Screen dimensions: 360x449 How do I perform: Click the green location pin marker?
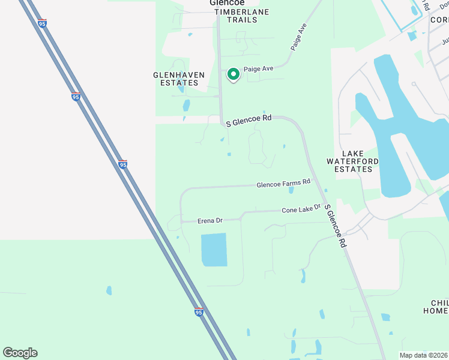point(233,74)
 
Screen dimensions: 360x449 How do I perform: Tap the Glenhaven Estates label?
point(179,79)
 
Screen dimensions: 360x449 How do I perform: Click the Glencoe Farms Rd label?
point(283,182)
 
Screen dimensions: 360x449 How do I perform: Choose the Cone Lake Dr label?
point(301,209)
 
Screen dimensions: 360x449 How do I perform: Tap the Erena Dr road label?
point(210,221)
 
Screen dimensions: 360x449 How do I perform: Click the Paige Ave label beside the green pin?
point(258,69)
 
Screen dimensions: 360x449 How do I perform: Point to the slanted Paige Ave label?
point(298,37)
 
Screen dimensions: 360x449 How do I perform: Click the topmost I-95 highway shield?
point(41,23)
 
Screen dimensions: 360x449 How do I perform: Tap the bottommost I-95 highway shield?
point(199,312)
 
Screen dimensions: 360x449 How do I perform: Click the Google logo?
point(20,353)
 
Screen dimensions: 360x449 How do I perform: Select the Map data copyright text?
point(424,355)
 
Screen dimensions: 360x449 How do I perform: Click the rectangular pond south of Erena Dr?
point(214,250)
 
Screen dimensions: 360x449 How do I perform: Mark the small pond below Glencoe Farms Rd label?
point(291,191)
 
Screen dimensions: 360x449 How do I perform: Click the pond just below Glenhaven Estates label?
point(186,106)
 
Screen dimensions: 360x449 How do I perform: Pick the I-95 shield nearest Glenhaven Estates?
point(76,97)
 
